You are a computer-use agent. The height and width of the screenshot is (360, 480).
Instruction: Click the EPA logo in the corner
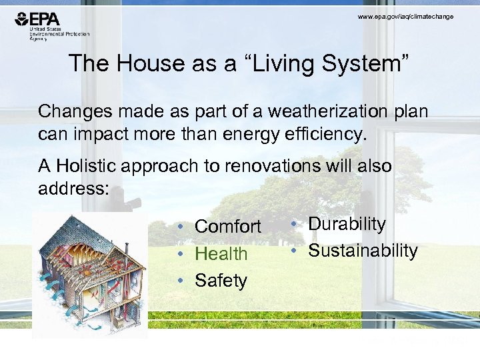pyautogui.click(x=41, y=19)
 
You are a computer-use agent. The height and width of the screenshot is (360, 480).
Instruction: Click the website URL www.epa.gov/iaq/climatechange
pyautogui.click(x=405, y=16)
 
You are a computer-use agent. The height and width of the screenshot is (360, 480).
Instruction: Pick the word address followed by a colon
pyautogui.click(x=73, y=188)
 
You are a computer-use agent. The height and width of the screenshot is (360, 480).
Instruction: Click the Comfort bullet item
pyautogui.click(x=227, y=227)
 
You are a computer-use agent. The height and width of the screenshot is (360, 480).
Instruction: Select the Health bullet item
pyautogui.click(x=221, y=254)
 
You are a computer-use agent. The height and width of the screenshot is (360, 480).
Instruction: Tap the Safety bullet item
pyautogui.click(x=221, y=281)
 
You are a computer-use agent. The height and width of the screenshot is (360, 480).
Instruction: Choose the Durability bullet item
pyautogui.click(x=347, y=224)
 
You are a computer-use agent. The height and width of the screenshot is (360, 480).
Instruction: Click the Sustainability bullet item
pyautogui.click(x=363, y=251)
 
